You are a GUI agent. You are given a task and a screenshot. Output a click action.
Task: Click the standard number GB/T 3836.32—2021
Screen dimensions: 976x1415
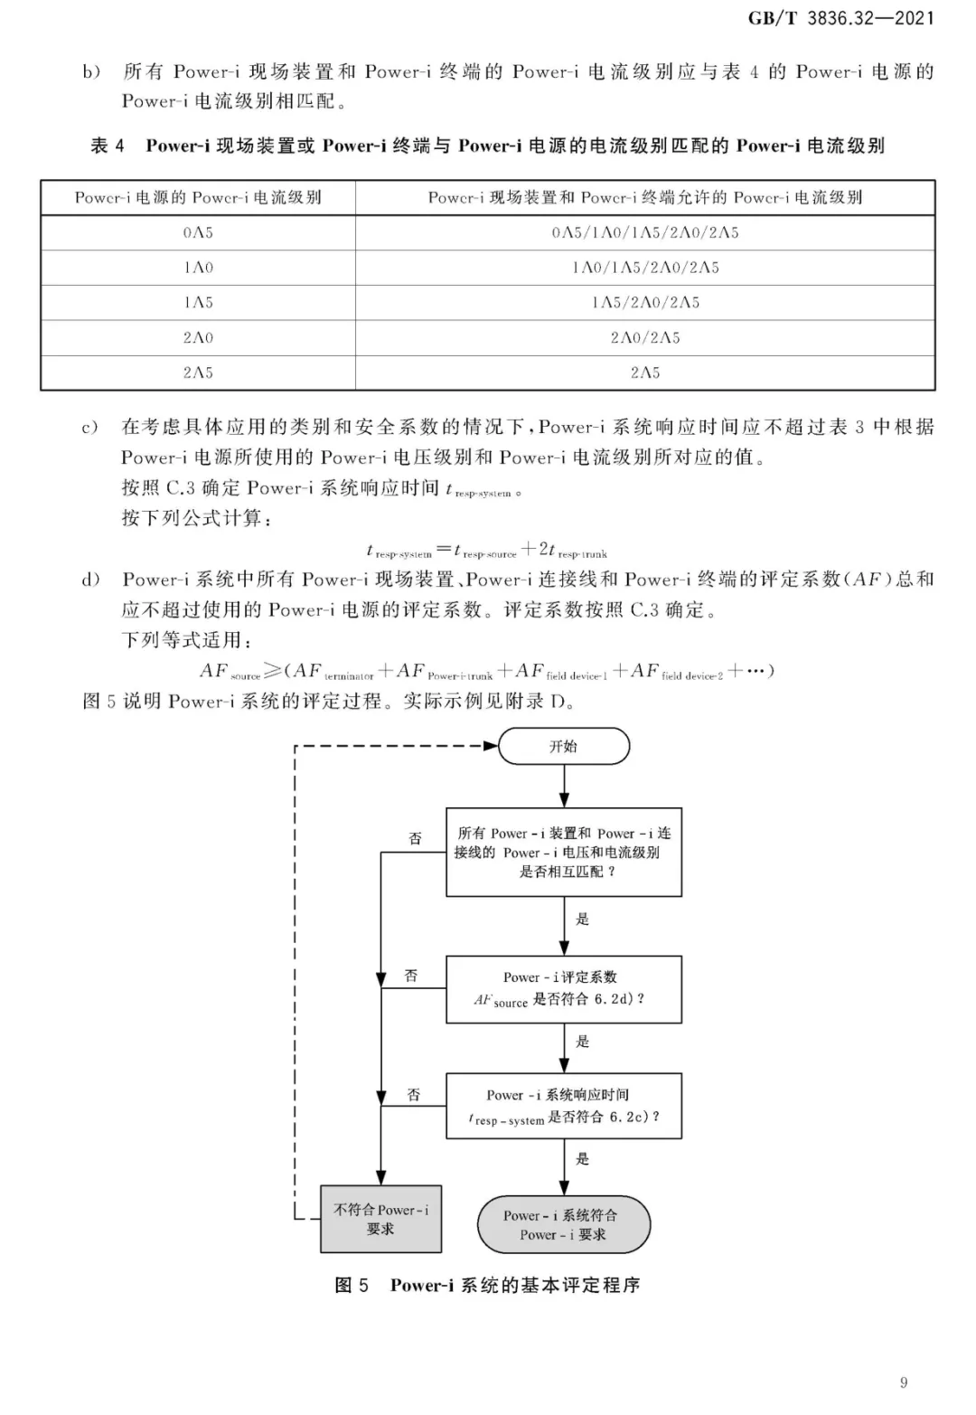840,18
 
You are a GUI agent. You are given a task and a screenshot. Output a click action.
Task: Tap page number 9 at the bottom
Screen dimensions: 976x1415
904,1382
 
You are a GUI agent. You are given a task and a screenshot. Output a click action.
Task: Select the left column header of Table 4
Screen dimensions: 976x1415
198,198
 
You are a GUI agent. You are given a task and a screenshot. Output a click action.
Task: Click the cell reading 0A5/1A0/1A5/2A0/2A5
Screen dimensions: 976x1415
645,232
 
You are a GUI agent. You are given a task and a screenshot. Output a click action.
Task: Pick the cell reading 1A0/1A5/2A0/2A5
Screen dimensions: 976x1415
645,268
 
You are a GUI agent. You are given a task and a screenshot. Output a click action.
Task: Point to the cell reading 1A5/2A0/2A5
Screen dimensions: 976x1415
645,303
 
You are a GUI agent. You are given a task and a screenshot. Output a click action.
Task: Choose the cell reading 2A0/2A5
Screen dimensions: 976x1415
645,338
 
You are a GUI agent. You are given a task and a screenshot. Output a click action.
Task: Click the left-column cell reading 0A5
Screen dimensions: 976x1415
198,232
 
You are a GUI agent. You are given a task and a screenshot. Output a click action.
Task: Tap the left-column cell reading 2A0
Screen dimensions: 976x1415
198,338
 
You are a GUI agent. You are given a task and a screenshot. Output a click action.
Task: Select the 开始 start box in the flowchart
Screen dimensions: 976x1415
564,746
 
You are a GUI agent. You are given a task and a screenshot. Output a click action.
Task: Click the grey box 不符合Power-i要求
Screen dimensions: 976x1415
380,1219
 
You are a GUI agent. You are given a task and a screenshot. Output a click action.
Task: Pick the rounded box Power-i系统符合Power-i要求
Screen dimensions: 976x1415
564,1224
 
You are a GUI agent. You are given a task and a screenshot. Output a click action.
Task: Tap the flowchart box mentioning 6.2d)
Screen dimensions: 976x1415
564,989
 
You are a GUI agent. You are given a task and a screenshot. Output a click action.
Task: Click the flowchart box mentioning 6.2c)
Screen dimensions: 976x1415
564,1106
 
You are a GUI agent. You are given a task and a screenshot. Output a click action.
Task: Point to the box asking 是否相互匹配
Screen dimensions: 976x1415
564,852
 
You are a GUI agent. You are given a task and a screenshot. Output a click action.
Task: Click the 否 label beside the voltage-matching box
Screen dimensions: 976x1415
415,838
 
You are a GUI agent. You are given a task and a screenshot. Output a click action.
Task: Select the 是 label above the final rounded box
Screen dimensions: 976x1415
582,1158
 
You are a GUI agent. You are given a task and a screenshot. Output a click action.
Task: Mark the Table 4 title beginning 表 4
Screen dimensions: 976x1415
487,146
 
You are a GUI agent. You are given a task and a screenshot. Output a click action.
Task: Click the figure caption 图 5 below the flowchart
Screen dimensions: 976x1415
487,1285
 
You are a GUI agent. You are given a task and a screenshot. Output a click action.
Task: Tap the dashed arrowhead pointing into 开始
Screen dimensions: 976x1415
491,746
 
